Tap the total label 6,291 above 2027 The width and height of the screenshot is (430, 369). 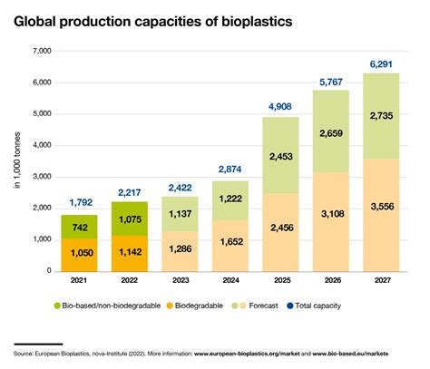pos(380,63)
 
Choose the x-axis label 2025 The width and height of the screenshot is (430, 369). pos(279,282)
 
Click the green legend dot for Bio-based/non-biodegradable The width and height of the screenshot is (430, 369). pos(57,308)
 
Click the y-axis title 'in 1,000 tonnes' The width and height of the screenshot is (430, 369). pos(16,161)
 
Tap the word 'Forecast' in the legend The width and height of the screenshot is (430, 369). pos(260,308)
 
